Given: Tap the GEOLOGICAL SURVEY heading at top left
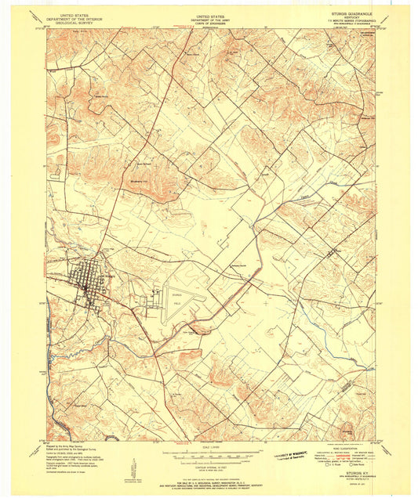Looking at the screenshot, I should [70, 23].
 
